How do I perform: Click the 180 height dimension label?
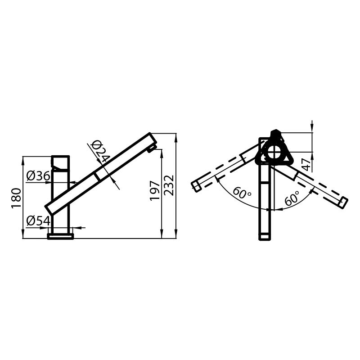coord(16,198)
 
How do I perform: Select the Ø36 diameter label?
coord(38,176)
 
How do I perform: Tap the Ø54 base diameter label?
coord(38,220)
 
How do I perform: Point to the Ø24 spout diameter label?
coord(100,151)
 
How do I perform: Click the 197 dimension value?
coord(154,190)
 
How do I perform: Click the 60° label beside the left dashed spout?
coord(242,194)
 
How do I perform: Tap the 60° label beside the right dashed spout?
coord(292,198)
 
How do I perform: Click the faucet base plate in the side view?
coord(60,236)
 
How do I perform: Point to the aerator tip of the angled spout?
coord(153,148)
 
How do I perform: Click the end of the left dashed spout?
coord(196,186)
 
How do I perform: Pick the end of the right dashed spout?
coord(343,203)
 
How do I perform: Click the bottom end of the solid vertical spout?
coord(265,237)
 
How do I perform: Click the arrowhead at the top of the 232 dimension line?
coord(175,136)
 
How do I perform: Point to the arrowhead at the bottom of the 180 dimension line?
coord(22,235)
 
